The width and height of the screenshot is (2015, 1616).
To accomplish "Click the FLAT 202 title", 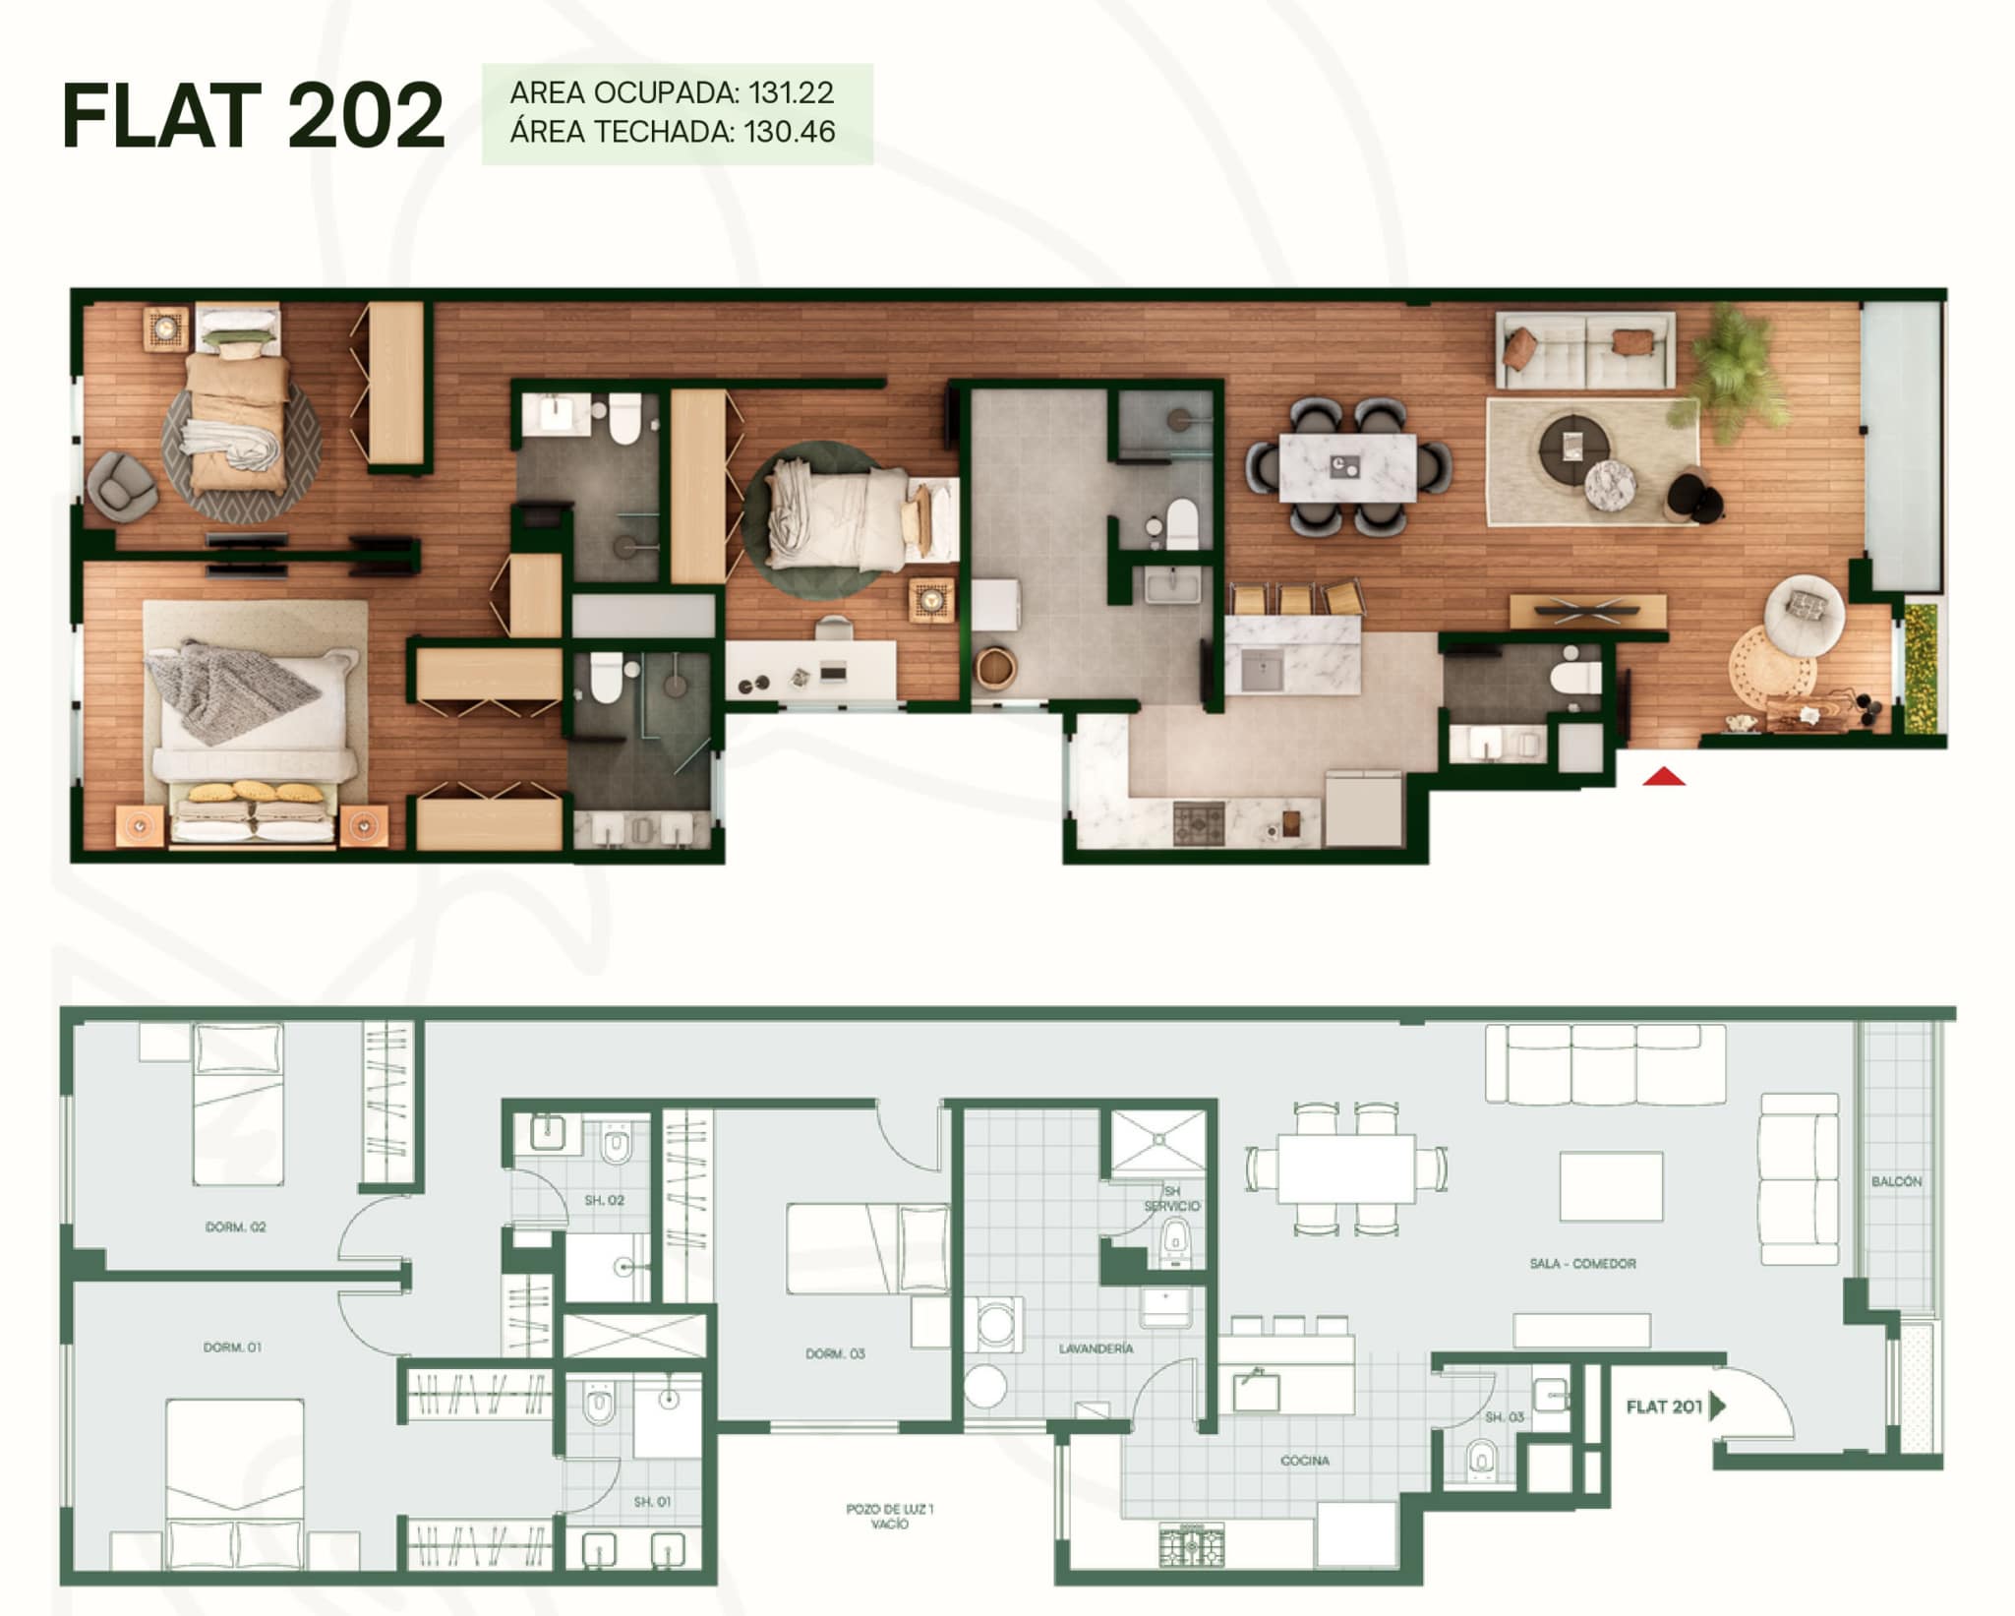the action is coord(254,116).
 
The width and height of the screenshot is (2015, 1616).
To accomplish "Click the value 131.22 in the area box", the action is coord(791,92).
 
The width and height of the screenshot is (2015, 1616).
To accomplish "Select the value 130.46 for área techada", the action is coord(789,132).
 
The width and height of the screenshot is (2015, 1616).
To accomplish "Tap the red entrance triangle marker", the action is coord(1664,777).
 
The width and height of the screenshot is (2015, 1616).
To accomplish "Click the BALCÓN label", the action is coord(1896,1181).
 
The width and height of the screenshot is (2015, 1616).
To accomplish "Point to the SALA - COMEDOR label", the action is coord(1582,1263).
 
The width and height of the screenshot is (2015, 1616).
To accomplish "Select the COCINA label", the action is coord(1305,1461).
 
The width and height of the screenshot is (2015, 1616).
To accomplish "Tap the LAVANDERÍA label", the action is coord(1096,1348).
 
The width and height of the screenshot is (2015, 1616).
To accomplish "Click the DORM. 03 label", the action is coord(835,1353).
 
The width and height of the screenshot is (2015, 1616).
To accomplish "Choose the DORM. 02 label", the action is coord(235,1227).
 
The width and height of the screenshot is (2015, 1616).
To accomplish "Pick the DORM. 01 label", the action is coord(233,1347).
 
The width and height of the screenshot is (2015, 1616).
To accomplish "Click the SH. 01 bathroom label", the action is coord(652,1502).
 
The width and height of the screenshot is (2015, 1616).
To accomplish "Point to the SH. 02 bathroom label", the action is coord(604,1200).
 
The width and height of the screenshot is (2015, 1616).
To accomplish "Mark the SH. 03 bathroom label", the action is coord(1504,1417).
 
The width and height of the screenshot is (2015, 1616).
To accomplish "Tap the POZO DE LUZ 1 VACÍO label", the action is coord(890,1516).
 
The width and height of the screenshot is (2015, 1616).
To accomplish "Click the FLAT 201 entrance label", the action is coord(1664,1407).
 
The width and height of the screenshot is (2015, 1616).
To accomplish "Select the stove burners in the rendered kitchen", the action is coord(1200,822).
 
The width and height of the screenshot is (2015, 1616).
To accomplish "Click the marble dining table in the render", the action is coord(1347,467).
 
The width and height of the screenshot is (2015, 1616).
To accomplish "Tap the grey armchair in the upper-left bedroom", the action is coord(121,484).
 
